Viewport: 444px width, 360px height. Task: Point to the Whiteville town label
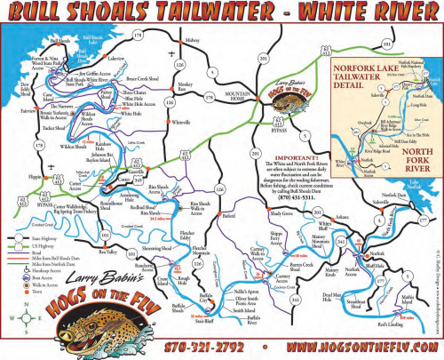[x=181, y=122]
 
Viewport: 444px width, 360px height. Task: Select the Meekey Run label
[x=187, y=88]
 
